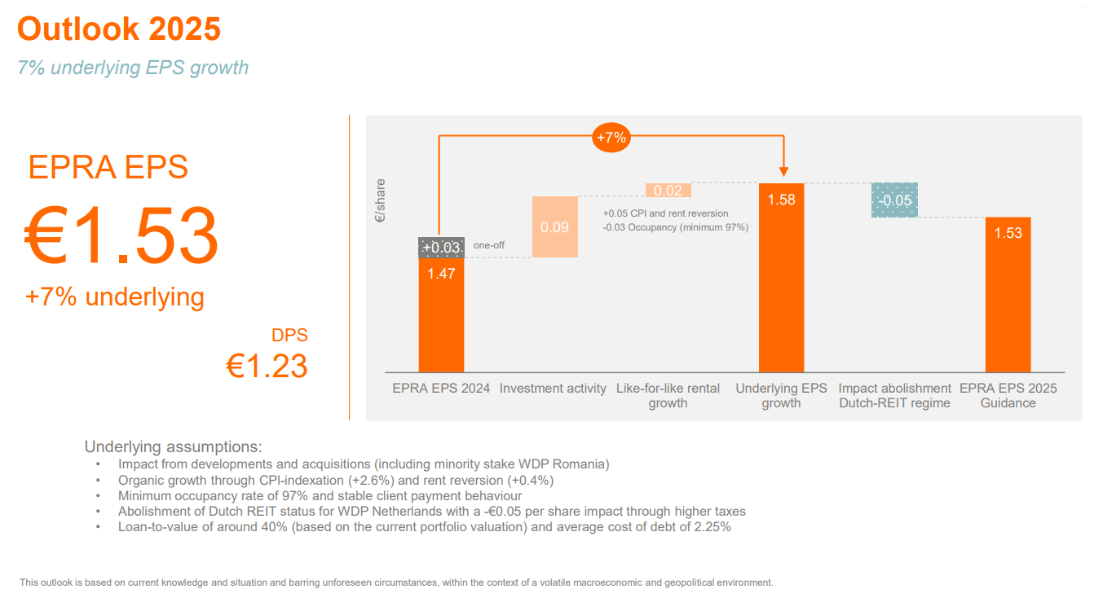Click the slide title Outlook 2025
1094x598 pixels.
point(119,29)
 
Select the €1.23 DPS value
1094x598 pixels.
point(267,367)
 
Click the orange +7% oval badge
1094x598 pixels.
point(611,138)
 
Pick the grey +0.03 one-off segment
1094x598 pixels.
point(441,248)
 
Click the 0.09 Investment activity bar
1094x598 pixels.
point(555,226)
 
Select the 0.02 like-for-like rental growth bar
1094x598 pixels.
point(668,191)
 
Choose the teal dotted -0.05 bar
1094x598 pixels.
point(895,200)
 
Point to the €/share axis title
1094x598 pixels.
point(380,201)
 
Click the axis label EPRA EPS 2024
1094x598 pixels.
point(441,389)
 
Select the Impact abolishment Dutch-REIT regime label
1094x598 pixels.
point(894,395)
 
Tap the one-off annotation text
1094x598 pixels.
point(489,245)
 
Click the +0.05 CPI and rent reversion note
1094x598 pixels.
point(665,213)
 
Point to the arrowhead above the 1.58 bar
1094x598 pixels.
point(783,172)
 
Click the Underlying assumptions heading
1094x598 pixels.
point(173,446)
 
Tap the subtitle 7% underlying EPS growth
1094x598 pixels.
point(133,68)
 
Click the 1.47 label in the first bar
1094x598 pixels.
point(441,274)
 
